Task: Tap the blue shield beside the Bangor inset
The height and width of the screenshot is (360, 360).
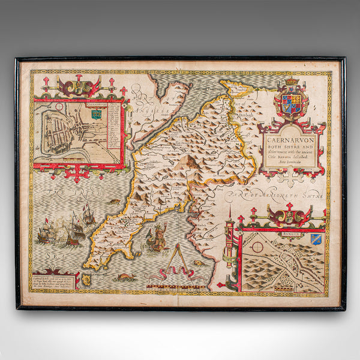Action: (x=316, y=239)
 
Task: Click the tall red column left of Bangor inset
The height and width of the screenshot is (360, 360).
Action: (x=229, y=246)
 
